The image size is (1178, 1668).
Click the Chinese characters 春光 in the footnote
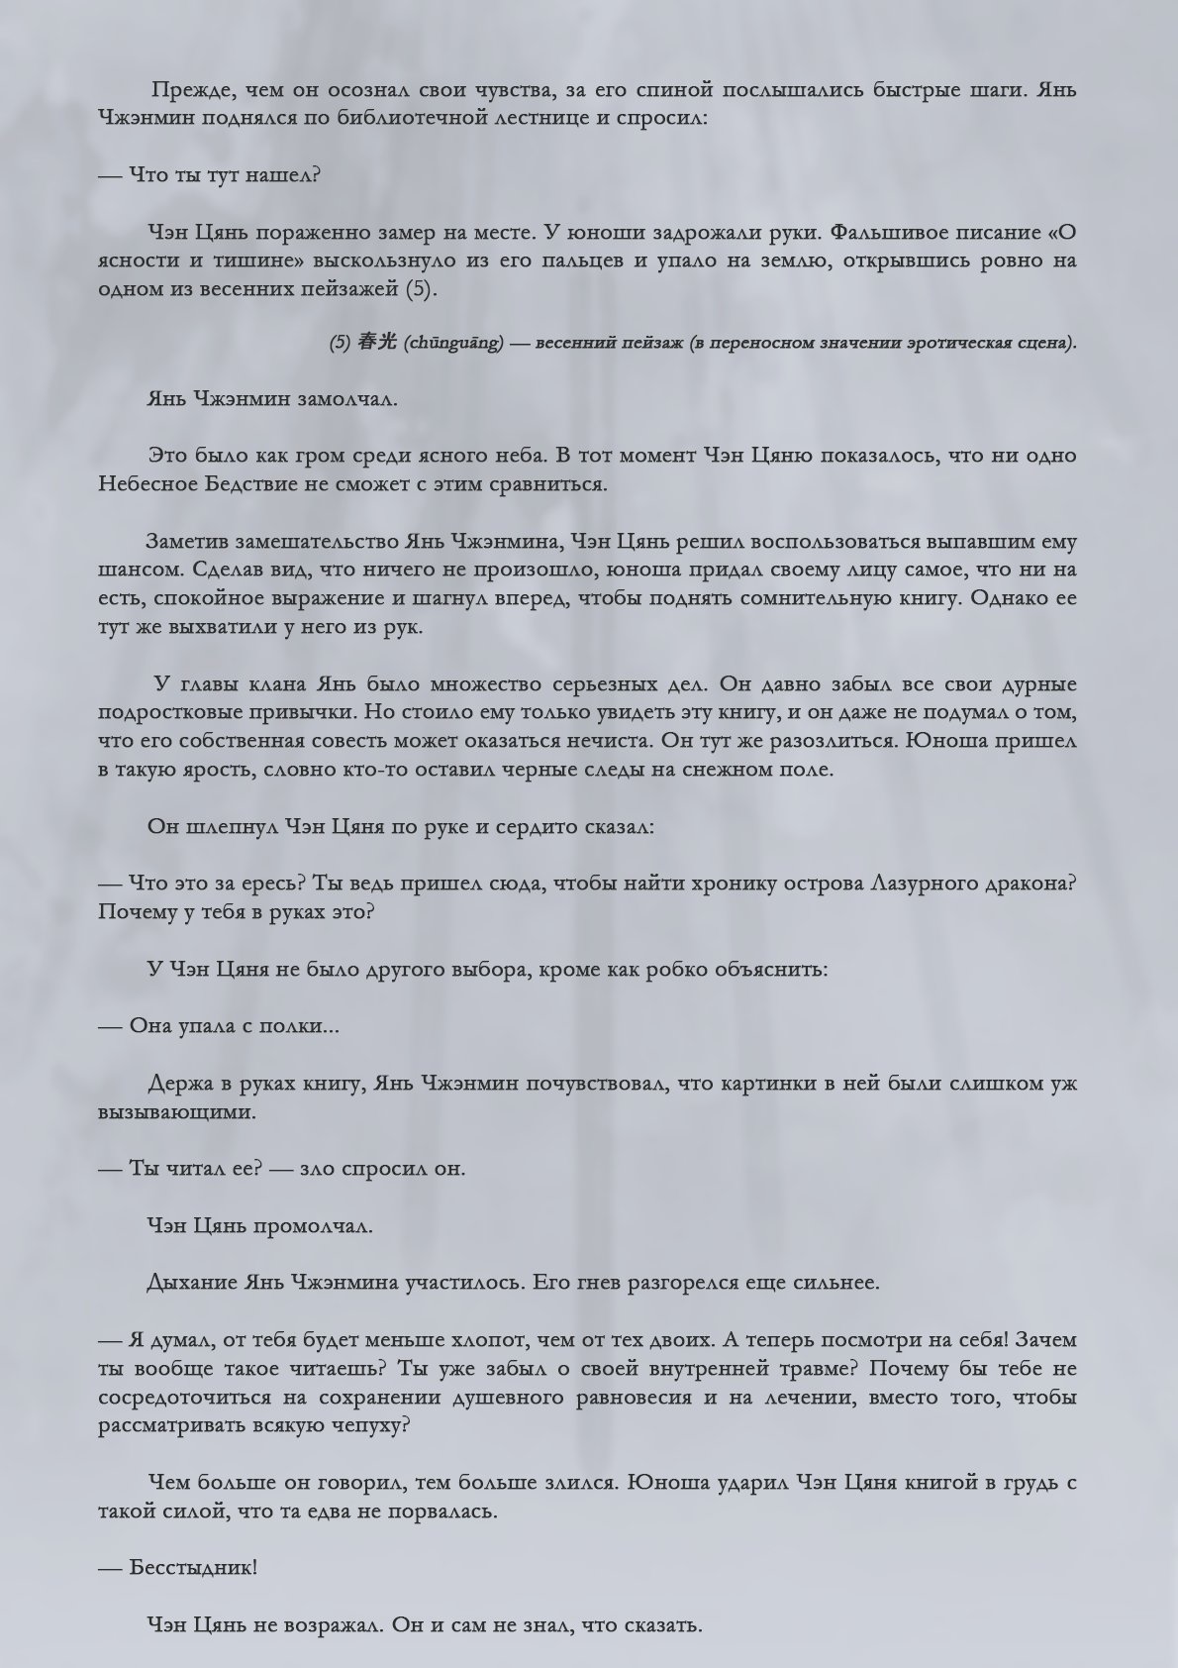click(376, 343)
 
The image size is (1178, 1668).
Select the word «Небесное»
click(147, 484)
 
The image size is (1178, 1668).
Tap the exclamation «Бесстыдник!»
click(193, 1568)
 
